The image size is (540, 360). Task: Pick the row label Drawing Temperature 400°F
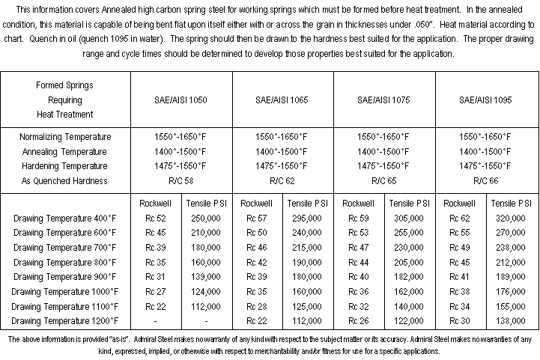65,218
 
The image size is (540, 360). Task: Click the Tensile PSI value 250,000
205,218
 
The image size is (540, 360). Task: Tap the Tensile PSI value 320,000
511,218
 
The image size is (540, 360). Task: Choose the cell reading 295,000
307,218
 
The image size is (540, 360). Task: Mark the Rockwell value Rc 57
257,218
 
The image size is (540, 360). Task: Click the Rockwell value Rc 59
359,218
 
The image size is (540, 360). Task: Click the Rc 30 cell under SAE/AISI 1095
461,320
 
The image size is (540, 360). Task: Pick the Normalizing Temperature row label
65,137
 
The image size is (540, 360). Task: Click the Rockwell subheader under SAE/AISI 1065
257,203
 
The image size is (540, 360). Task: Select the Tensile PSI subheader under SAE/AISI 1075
409,203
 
